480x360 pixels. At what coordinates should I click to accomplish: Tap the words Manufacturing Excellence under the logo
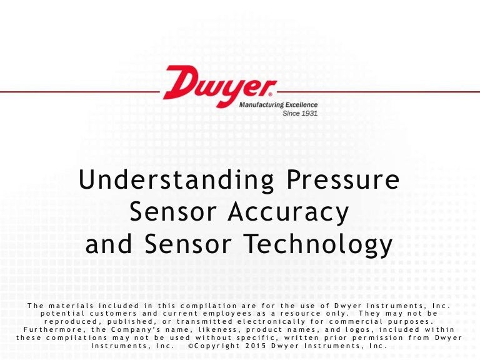point(278,105)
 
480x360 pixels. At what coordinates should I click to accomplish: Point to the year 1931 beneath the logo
point(308,113)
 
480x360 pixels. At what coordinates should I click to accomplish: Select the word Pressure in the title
point(342,180)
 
